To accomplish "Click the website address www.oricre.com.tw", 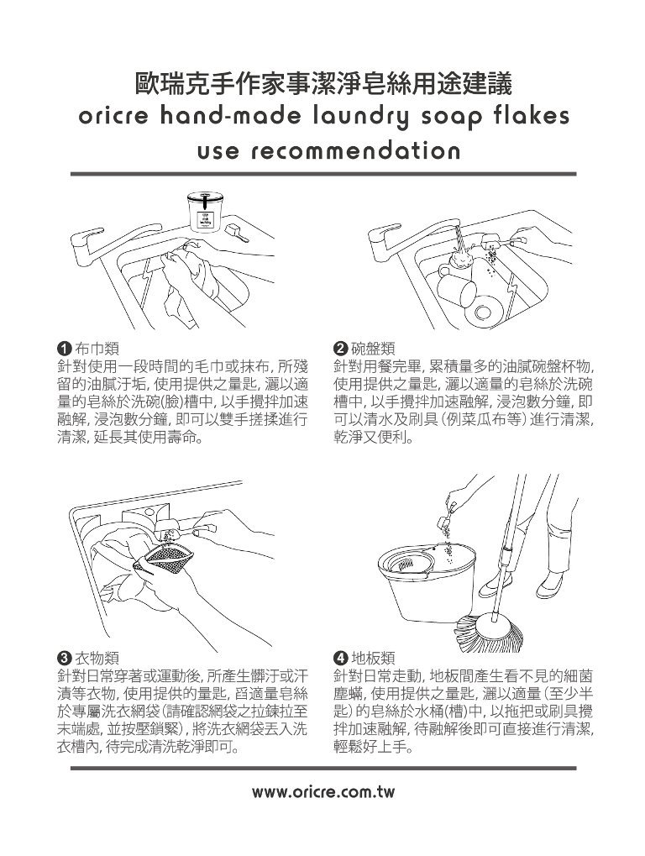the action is (322, 791).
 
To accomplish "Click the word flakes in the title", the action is (524, 115).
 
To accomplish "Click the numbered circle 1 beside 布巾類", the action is (62, 348).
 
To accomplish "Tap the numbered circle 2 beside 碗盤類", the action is (340, 348).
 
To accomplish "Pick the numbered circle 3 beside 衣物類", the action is (62, 656).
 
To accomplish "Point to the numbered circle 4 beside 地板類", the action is (340, 656).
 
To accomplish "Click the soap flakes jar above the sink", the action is (202, 212).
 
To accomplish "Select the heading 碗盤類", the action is (369, 348).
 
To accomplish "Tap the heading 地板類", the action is (369, 656).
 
